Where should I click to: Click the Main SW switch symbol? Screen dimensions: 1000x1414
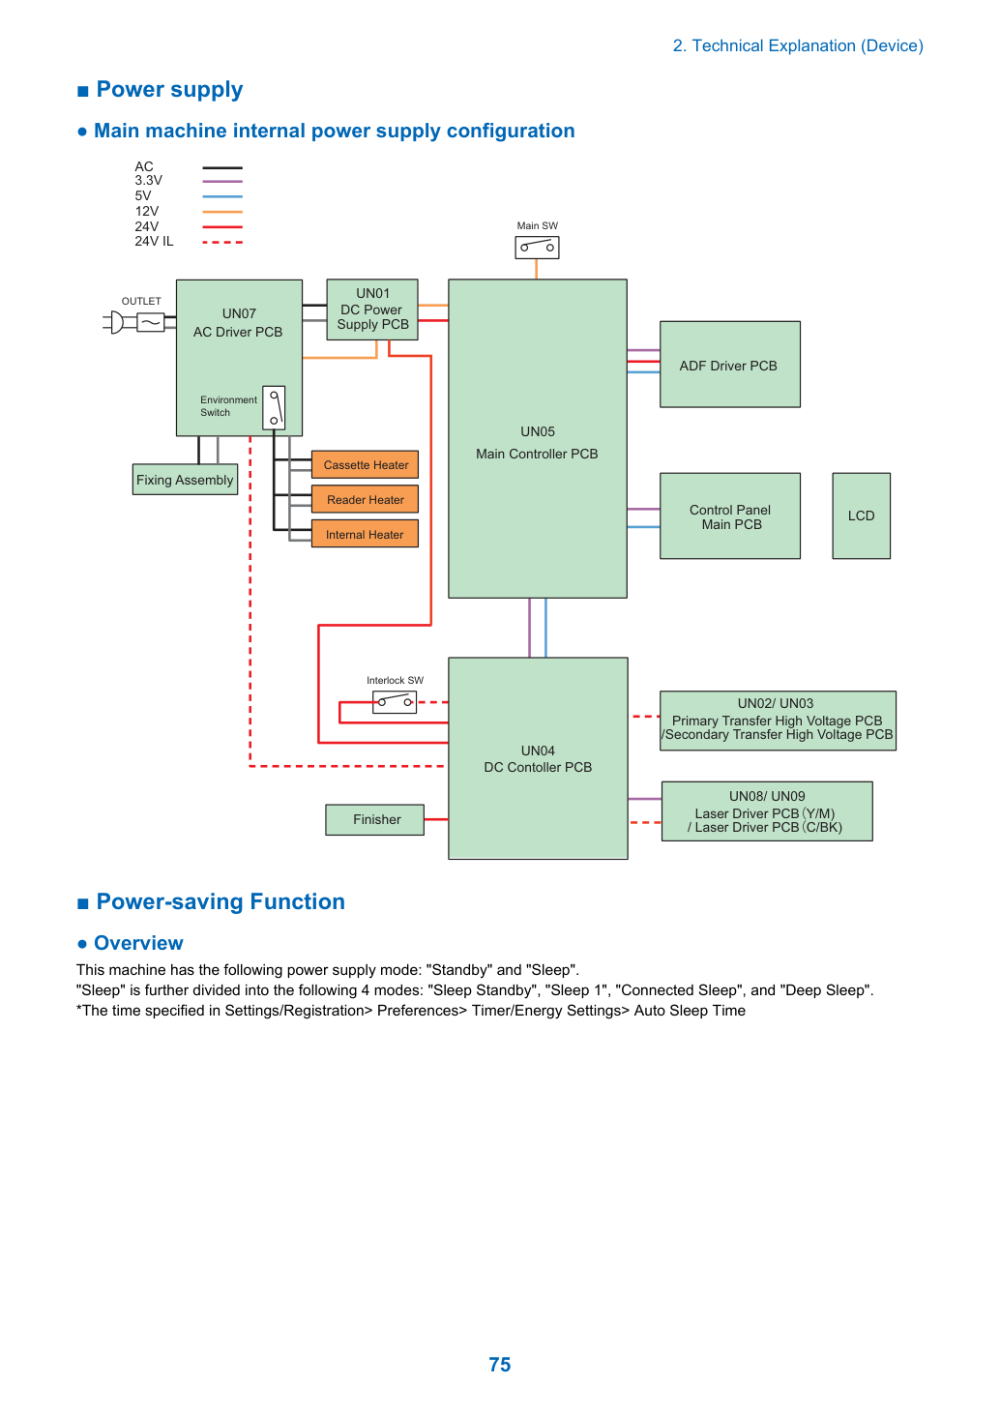pyautogui.click(x=537, y=247)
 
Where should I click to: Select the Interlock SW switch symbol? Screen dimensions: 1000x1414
pyautogui.click(x=395, y=702)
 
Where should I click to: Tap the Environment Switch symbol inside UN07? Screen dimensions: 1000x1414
pyautogui.click(x=274, y=408)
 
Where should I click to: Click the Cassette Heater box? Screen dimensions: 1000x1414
pyautogui.click(x=365, y=464)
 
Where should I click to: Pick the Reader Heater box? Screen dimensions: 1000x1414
pyautogui.click(x=365, y=499)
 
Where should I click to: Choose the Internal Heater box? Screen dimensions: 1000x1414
pyautogui.click(x=365, y=534)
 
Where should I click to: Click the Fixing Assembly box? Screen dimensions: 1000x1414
pyautogui.click(x=185, y=480)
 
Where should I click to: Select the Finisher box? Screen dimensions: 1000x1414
pyautogui.click(x=375, y=819)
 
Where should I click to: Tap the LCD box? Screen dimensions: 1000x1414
pyautogui.click(x=861, y=516)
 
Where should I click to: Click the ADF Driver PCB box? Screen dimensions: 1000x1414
pyautogui.click(x=730, y=365)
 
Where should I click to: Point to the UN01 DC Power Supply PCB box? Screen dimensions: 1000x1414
pyautogui.click(x=372, y=309)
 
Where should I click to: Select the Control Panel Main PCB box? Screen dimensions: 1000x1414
pyautogui.click(x=730, y=516)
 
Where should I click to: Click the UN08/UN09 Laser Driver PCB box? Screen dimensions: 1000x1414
pyautogui.click(x=767, y=811)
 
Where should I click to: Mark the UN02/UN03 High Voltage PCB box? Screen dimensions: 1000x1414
pyautogui.click(x=778, y=721)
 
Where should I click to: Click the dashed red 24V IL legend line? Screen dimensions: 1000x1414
pyautogui.click(x=222, y=242)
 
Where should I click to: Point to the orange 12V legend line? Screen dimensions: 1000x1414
pyautogui.click(x=222, y=212)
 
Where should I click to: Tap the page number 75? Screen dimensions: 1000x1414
pyautogui.click(x=500, y=1365)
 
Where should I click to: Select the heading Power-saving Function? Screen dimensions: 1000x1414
pyautogui.click(x=221, y=901)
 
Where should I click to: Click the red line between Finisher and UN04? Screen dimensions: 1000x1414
pyautogui.click(x=436, y=819)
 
